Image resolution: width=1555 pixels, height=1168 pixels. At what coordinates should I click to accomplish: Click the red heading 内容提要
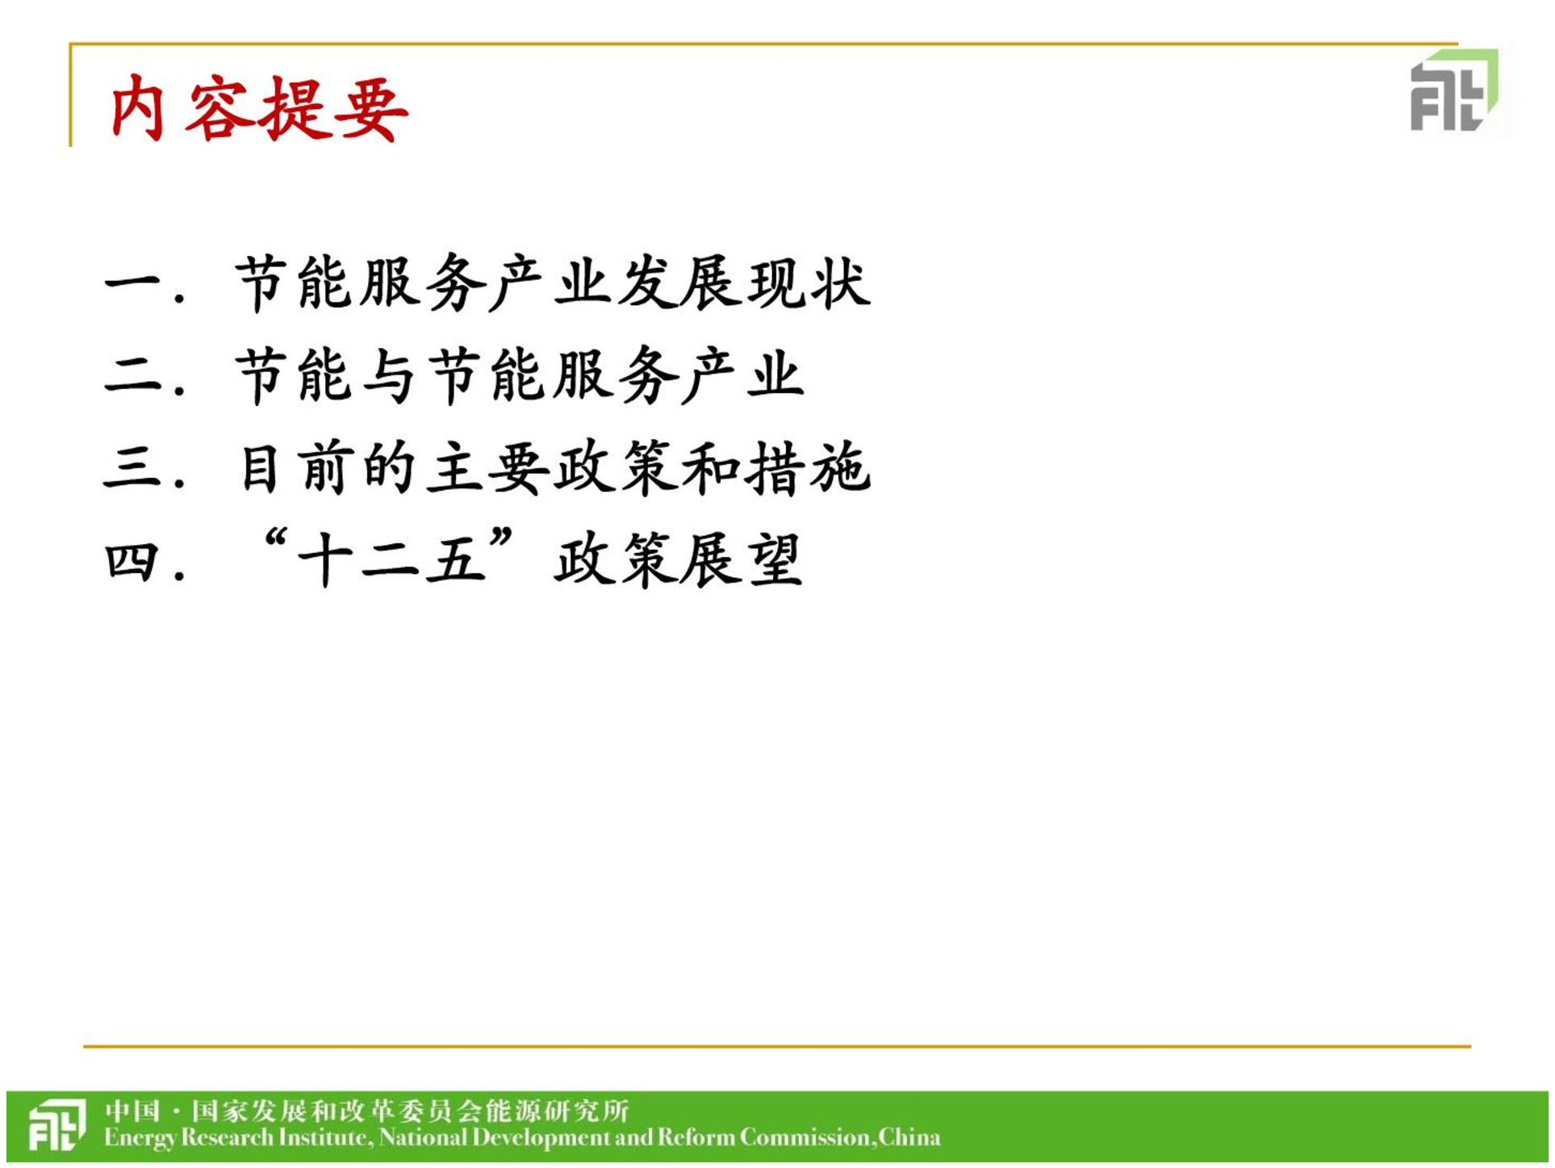[x=260, y=110]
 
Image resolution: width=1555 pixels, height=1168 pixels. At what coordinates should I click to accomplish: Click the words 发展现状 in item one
[x=744, y=283]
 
